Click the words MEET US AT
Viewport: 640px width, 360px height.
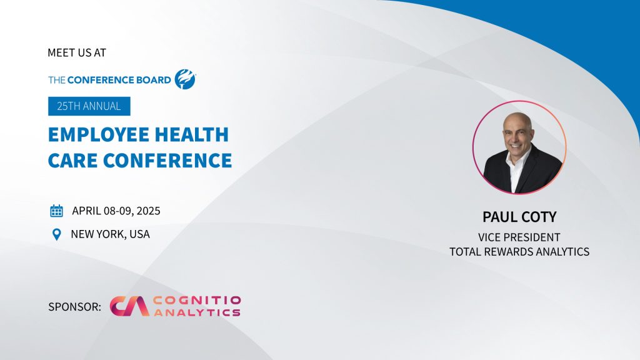point(77,52)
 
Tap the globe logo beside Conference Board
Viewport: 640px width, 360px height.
point(185,79)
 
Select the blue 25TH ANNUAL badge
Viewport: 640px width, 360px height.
point(89,106)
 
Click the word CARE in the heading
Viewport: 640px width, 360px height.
point(72,161)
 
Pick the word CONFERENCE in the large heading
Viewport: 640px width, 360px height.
point(167,161)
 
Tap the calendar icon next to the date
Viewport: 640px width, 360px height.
point(56,211)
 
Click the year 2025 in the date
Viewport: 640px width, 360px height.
point(148,211)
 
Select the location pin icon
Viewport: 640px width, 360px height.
point(57,234)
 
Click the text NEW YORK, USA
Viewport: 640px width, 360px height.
point(110,234)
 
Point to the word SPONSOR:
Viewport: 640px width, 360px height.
point(75,306)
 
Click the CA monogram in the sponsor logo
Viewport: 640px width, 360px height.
point(129,306)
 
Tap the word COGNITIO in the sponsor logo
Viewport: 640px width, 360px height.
point(197,301)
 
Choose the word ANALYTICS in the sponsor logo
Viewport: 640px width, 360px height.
point(197,312)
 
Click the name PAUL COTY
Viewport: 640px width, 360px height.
point(519,217)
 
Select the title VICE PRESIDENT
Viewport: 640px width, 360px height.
point(519,237)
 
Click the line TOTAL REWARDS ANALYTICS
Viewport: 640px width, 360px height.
point(519,251)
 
